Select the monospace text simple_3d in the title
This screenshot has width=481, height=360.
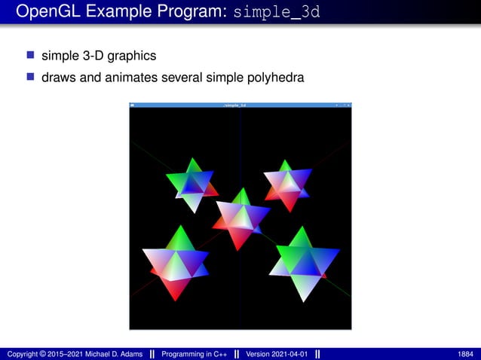[x=277, y=13]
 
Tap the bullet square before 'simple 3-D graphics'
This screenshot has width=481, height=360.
[x=31, y=55]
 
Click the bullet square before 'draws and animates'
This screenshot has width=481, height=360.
[x=31, y=76]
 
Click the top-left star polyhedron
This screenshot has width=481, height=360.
[x=193, y=184]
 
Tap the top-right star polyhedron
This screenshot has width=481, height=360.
[x=286, y=185]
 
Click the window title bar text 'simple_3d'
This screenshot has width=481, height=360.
[x=234, y=105]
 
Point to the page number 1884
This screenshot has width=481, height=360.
[x=466, y=354]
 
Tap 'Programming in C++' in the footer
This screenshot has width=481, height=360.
[x=195, y=354]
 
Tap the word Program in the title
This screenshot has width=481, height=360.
[x=185, y=13]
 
